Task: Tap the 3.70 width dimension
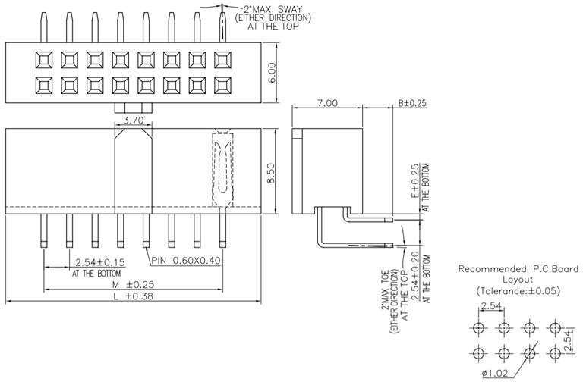click(x=134, y=120)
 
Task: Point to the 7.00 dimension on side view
click(x=328, y=102)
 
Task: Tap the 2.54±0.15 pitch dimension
click(x=99, y=262)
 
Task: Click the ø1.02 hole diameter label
click(x=495, y=373)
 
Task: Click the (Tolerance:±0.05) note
click(x=518, y=291)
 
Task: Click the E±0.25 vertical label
click(x=415, y=181)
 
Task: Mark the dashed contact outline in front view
click(x=221, y=169)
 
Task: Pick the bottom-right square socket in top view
click(x=223, y=84)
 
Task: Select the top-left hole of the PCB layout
click(x=479, y=328)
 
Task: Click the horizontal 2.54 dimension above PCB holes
click(x=490, y=307)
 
